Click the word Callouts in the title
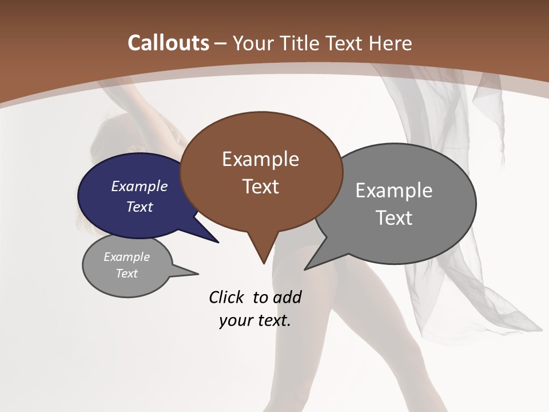168,43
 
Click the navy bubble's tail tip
218,242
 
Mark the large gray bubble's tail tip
305,268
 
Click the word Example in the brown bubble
260,159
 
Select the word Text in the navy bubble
140,207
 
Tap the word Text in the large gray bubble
394,218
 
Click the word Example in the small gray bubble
126,257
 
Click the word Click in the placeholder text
227,297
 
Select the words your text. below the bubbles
255,320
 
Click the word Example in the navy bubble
140,186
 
